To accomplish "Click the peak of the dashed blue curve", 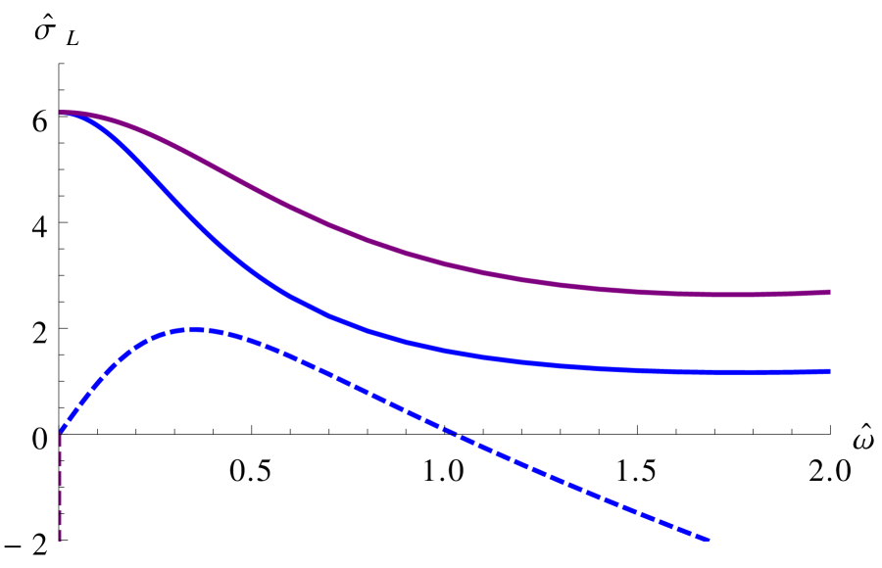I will tap(196, 329).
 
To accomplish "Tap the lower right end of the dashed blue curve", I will tap(708, 539).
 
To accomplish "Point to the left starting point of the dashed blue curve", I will tap(62, 430).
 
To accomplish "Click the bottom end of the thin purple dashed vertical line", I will tap(61, 540).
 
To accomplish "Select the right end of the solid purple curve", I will tap(829, 292).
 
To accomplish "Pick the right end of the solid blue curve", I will tap(829, 371).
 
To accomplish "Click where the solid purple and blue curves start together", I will tap(62, 113).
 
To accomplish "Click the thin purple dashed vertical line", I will tap(61, 490).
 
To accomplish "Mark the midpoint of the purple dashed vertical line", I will tap(61, 485).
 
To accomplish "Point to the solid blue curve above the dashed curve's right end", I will tap(708, 372).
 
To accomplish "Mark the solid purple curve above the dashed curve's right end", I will tap(708, 294).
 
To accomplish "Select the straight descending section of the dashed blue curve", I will tap(539, 470).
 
